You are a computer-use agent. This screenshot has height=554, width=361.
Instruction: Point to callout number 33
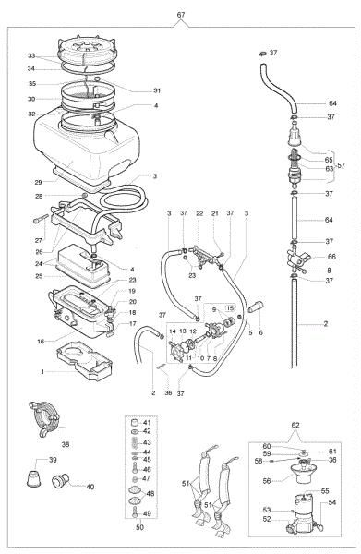coord(30,55)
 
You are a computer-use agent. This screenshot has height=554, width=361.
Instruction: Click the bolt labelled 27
coord(40,220)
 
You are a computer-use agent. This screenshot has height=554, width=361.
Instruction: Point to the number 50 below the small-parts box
coord(139,527)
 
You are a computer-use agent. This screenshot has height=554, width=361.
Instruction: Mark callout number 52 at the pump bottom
coord(268,519)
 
